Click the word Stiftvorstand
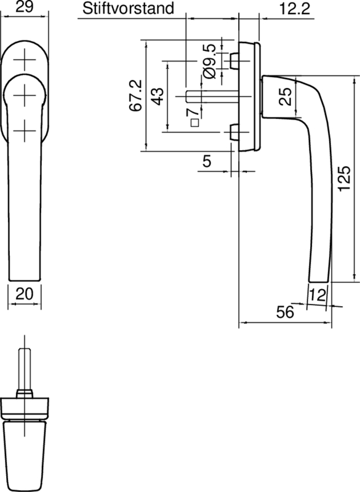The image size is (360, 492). pyautogui.click(x=127, y=8)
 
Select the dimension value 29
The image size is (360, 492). pyautogui.click(x=24, y=8)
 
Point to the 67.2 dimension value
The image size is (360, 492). pyautogui.click(x=135, y=95)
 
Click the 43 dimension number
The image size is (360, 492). pyautogui.click(x=157, y=97)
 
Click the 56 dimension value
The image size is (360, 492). pyautogui.click(x=284, y=312)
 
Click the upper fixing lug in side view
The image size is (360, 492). pyautogui.click(x=233, y=61)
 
